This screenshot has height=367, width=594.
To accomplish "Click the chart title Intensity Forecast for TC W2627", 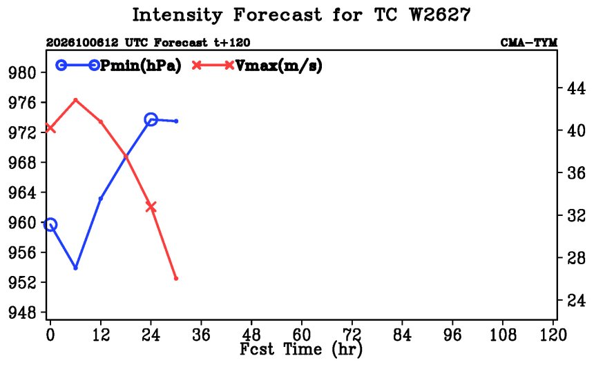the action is (301, 15).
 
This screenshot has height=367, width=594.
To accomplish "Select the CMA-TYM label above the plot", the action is (529, 43).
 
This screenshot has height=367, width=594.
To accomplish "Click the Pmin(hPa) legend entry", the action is (119, 66).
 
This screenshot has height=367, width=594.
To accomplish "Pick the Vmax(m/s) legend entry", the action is (257, 66).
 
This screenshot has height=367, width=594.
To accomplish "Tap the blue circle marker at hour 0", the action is (50, 225).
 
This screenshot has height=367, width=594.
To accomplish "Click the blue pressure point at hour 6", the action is (75, 268).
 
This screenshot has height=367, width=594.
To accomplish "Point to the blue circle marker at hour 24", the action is (151, 119).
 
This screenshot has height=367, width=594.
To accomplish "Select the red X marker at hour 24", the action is (151, 207).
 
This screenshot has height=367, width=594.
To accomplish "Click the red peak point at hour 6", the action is (75, 100).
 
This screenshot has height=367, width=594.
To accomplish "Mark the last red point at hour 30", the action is (175, 279).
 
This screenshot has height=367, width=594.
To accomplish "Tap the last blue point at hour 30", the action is (176, 121).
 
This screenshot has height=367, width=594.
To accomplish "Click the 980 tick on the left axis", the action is (22, 72).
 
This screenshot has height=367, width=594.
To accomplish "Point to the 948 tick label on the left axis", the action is (22, 313).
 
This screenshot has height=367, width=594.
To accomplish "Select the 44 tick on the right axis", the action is (576, 88).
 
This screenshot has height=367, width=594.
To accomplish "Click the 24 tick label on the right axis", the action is (576, 300).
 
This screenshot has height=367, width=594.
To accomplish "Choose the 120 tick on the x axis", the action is (553, 335).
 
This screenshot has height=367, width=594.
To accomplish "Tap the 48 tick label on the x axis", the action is (251, 335).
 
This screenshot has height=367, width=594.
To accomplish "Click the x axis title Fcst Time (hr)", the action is (301, 349).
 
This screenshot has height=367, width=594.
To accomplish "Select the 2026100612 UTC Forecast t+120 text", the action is (148, 43).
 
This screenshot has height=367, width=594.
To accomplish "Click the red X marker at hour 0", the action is (50, 128).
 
